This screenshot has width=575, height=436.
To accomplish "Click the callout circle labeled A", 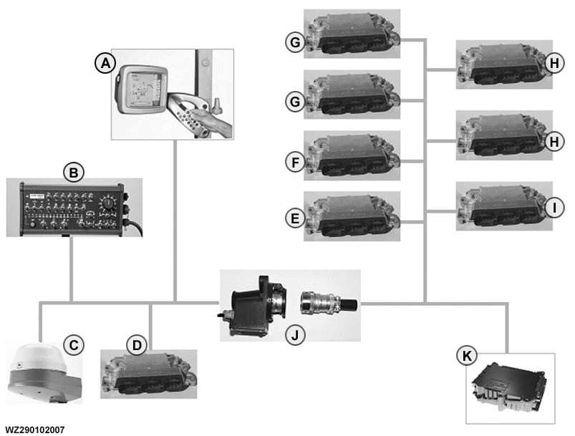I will tap(106, 64).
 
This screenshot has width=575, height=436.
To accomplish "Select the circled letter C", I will tap(74, 344).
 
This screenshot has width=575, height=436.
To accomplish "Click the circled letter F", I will tap(295, 163).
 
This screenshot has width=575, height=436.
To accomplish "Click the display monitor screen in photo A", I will tap(143, 89).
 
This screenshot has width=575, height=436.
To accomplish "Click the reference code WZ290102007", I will tap(34, 430).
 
